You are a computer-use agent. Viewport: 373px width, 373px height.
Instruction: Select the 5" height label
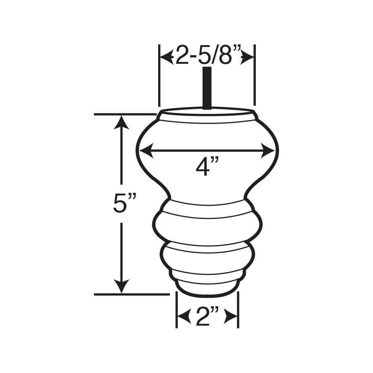[125, 203]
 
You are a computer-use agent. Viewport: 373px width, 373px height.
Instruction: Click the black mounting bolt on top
[207, 88]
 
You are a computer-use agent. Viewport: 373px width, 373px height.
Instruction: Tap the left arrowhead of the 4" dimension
[146, 151]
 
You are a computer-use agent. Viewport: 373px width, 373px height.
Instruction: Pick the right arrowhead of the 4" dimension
[268, 151]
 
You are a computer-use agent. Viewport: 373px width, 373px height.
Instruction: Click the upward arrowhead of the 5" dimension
[122, 122]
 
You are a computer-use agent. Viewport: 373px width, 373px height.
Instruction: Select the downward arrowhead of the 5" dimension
[122, 286]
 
